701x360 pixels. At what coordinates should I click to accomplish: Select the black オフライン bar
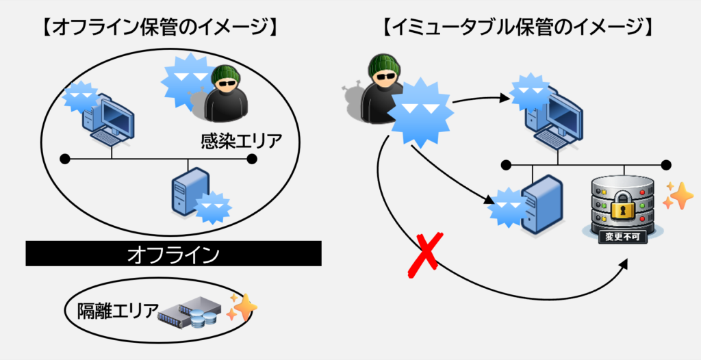173,255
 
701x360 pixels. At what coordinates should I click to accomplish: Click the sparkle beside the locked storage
678,196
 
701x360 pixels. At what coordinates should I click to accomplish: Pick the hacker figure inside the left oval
225,95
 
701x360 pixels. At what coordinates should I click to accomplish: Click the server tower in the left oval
190,192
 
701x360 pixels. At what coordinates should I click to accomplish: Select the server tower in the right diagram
541,203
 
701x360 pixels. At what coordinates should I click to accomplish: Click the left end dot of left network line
65,159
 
